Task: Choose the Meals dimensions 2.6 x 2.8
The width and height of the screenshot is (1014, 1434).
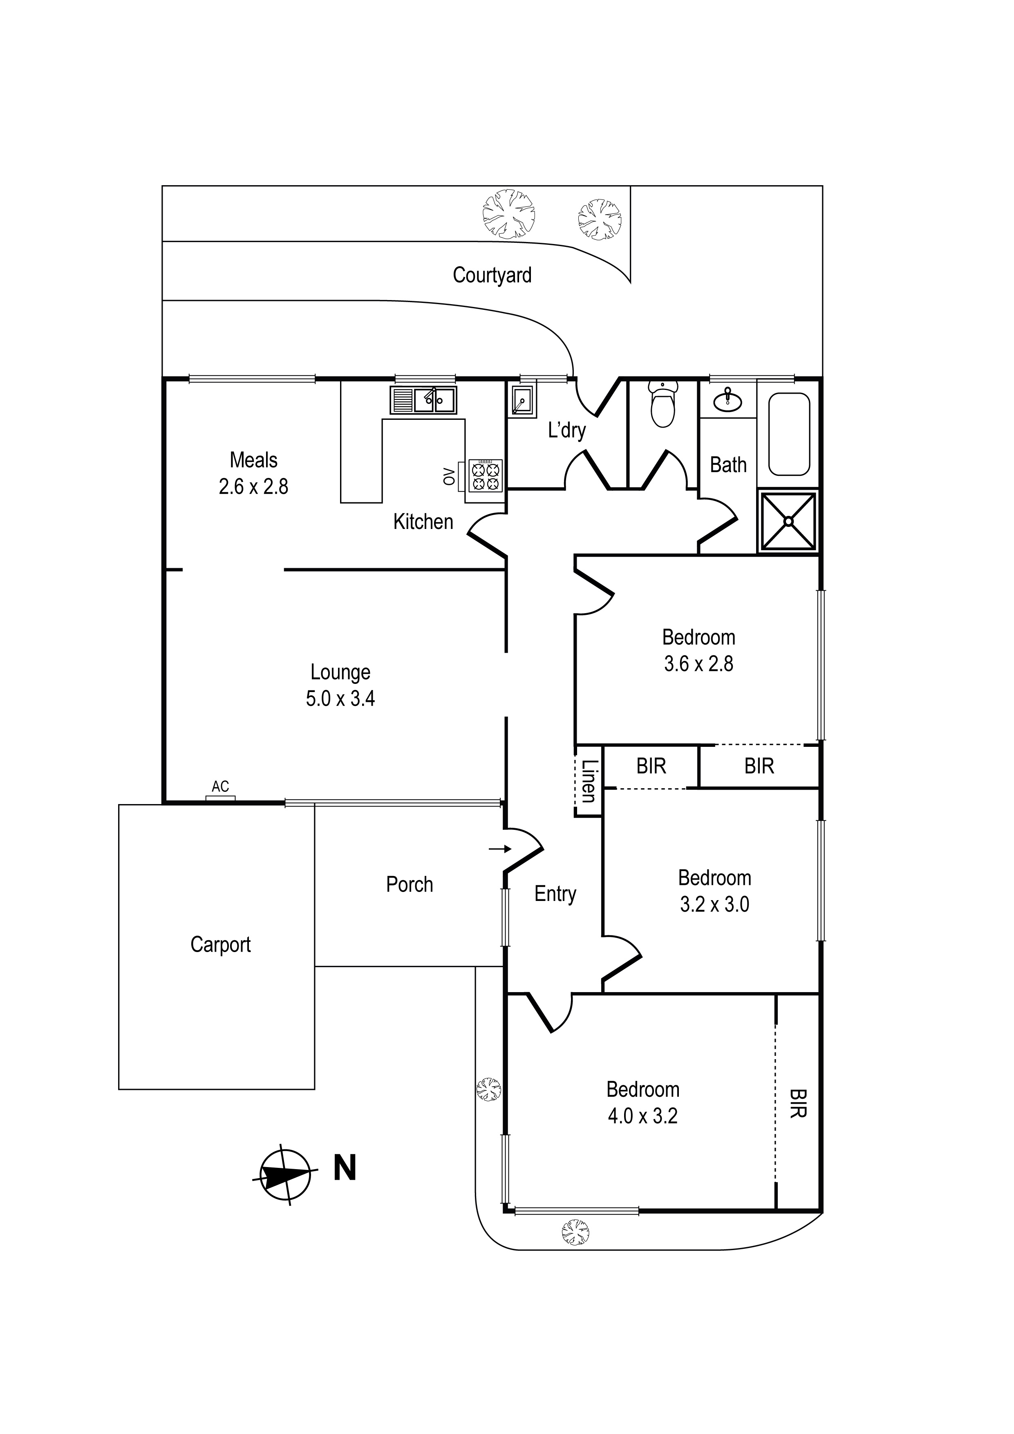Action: click(x=253, y=486)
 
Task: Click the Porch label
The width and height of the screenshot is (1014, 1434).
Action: click(x=410, y=884)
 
